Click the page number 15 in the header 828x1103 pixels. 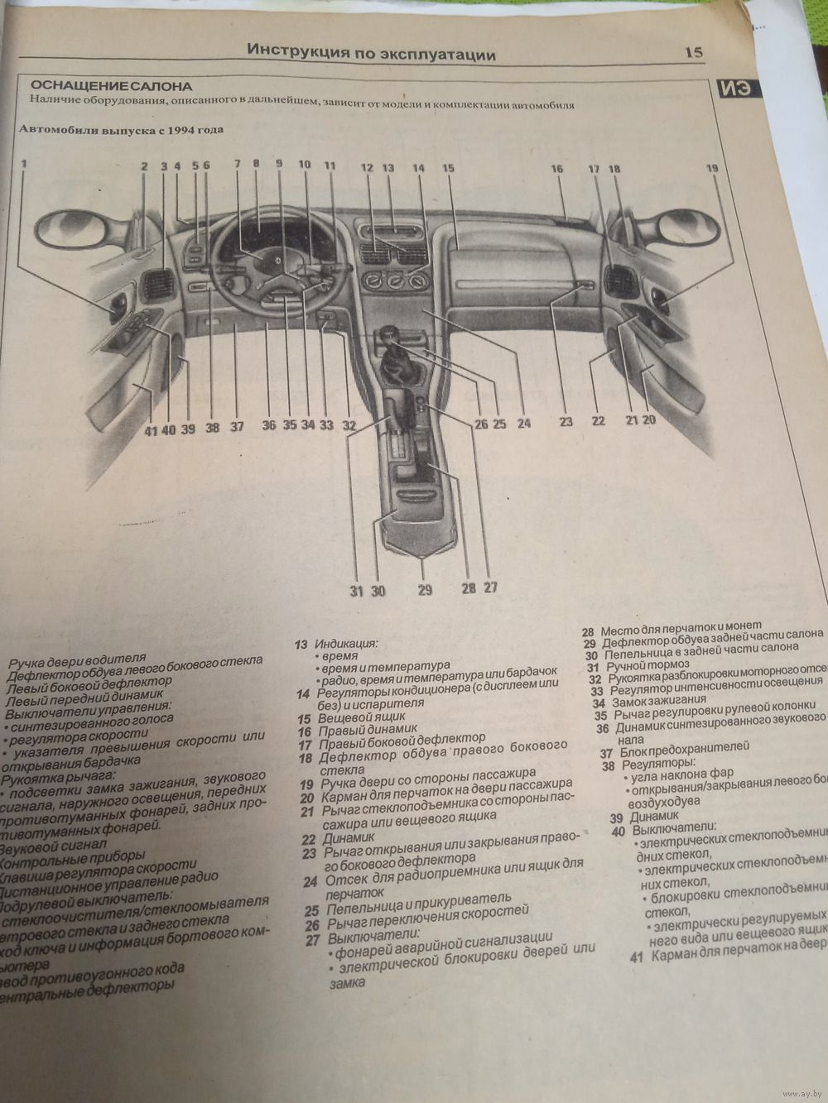tap(694, 52)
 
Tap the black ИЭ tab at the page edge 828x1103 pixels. tap(734, 89)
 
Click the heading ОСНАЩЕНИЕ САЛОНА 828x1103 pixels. tap(111, 86)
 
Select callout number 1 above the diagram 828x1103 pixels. tap(24, 164)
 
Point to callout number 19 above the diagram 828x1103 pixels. tap(712, 168)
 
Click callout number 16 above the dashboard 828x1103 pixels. tap(556, 169)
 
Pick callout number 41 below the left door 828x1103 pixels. tap(150, 429)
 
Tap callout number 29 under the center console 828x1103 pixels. tap(425, 591)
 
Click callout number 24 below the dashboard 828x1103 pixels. tap(523, 424)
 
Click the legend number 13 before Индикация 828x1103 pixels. tap(301, 644)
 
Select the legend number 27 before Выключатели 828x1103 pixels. tap(312, 939)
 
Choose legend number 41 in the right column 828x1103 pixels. tap(636, 957)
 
